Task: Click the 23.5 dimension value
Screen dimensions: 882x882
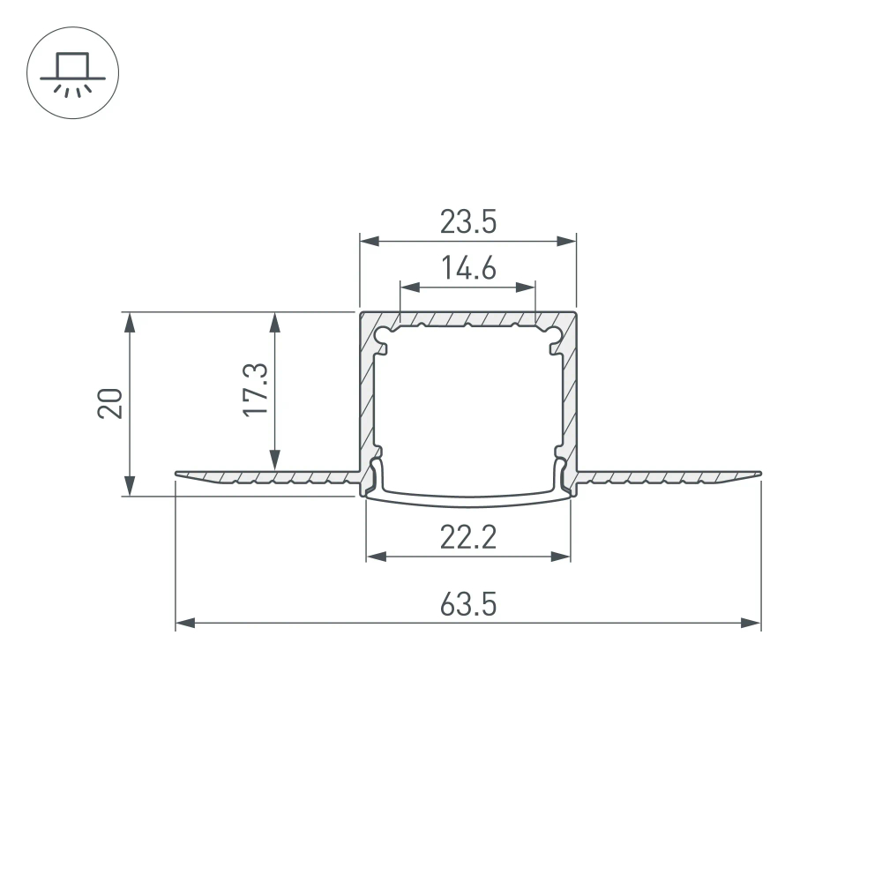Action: [x=468, y=223]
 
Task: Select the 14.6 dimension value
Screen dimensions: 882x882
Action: [x=468, y=269]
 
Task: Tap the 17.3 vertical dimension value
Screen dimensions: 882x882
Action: [x=256, y=391]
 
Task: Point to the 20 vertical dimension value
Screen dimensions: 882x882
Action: [x=111, y=403]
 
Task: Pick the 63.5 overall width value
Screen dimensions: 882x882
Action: [x=468, y=605]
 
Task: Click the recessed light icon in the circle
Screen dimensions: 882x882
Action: [x=73, y=74]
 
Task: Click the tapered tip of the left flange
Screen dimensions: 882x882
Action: [x=179, y=475]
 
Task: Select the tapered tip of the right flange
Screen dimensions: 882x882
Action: [x=757, y=475]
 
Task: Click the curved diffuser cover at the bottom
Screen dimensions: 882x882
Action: [x=468, y=502]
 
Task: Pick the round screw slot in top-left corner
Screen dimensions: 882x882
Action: [x=384, y=336]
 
